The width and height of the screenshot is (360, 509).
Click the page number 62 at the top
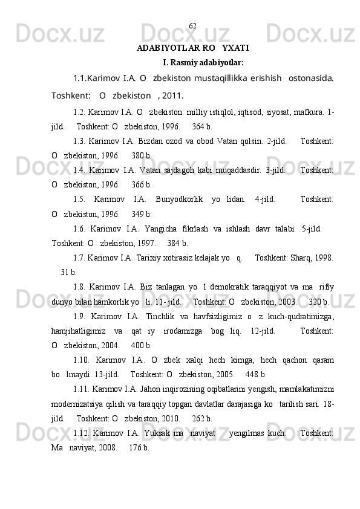coord(192,26)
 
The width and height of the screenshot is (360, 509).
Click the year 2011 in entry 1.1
coord(172,94)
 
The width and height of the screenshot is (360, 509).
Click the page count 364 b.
coord(201,128)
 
